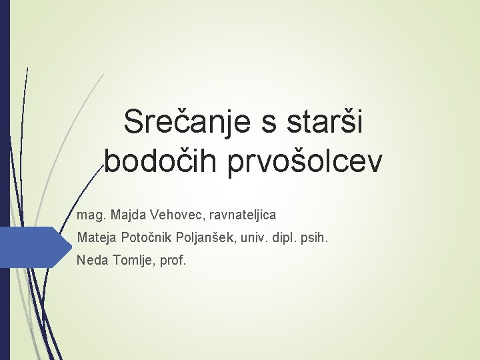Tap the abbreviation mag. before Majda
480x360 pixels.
[91, 215]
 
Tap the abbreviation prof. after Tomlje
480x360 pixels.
[170, 259]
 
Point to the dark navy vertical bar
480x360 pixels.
[5, 180]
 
